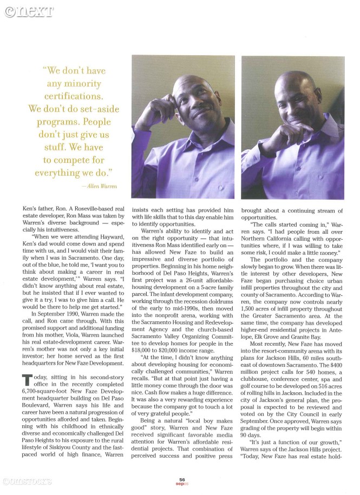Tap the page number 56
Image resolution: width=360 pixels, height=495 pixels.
[x=183, y=479]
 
